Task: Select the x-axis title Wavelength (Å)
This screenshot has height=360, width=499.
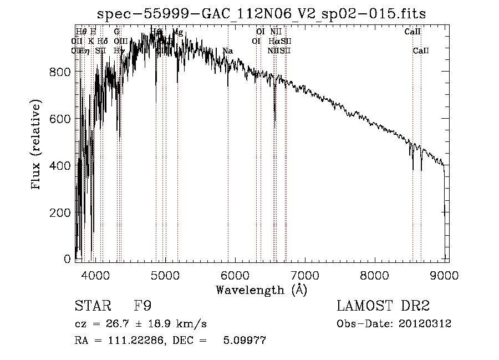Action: tap(261, 290)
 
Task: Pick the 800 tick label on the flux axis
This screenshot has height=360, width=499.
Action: tap(60, 72)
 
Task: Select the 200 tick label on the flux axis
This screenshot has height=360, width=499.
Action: tap(60, 212)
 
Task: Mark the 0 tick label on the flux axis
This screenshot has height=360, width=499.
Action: tap(67, 259)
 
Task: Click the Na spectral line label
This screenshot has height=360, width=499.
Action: tap(227, 51)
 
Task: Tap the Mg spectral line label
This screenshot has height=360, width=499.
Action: tap(178, 32)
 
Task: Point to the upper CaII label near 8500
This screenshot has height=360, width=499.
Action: tap(413, 32)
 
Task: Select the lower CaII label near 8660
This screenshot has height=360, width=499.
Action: tap(421, 51)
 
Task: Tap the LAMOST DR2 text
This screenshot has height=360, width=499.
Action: tap(383, 307)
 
